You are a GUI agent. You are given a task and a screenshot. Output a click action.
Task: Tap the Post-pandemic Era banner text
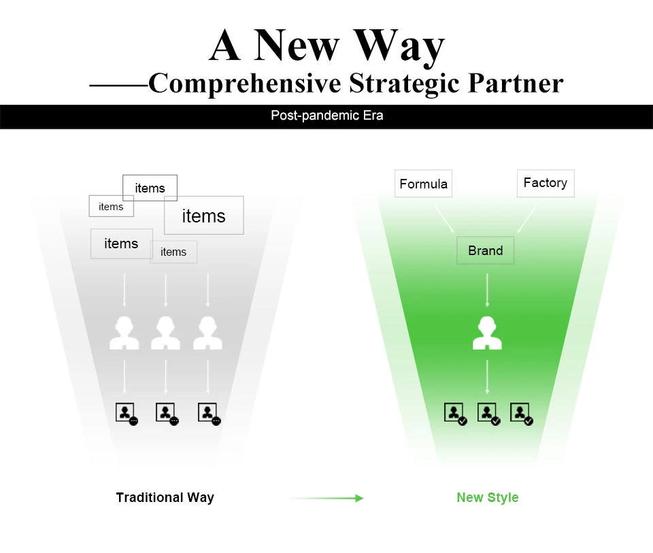[x=326, y=116]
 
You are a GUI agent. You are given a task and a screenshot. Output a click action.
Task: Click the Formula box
[x=423, y=184]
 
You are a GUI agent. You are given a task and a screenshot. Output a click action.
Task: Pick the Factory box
[x=545, y=183]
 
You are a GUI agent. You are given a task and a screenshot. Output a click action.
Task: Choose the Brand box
[x=485, y=250]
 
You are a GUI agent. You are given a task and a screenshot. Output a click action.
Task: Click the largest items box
[x=203, y=216]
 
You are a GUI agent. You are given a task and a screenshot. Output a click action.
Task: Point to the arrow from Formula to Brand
[x=445, y=219]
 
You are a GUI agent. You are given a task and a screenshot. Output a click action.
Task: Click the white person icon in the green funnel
[x=487, y=333]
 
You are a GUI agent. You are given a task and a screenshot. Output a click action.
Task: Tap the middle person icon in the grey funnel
[x=165, y=333]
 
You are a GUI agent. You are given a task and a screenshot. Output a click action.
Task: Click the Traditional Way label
[x=165, y=497]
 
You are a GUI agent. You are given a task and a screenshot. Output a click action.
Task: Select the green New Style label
[x=487, y=497]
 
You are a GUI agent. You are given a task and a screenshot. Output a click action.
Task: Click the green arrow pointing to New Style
[x=326, y=498]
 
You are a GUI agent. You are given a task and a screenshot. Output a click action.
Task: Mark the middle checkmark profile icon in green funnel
[x=488, y=414]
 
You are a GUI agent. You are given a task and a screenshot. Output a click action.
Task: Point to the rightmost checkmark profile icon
[x=521, y=414]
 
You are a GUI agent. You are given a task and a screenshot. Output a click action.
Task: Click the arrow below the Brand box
[x=487, y=290]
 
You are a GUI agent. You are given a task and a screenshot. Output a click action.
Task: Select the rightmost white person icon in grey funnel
[x=207, y=333]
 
